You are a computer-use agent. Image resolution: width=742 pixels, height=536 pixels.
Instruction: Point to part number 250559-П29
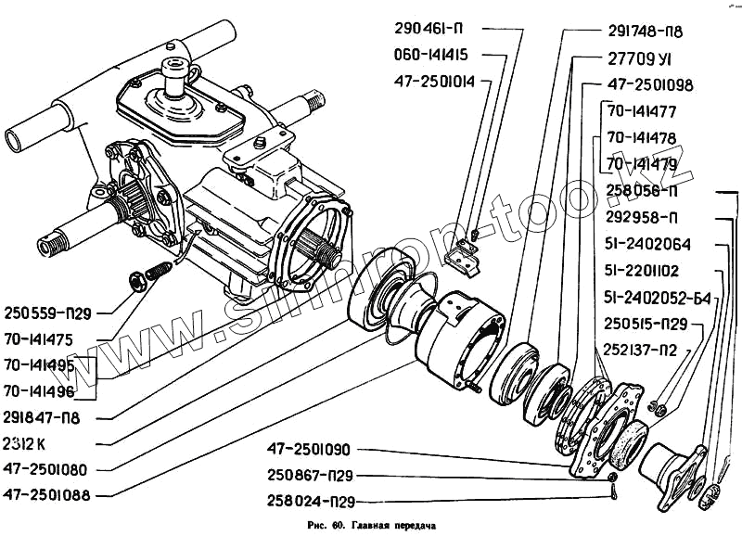[x=47, y=313]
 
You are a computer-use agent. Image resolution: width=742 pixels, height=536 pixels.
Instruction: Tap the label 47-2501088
[x=45, y=495]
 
